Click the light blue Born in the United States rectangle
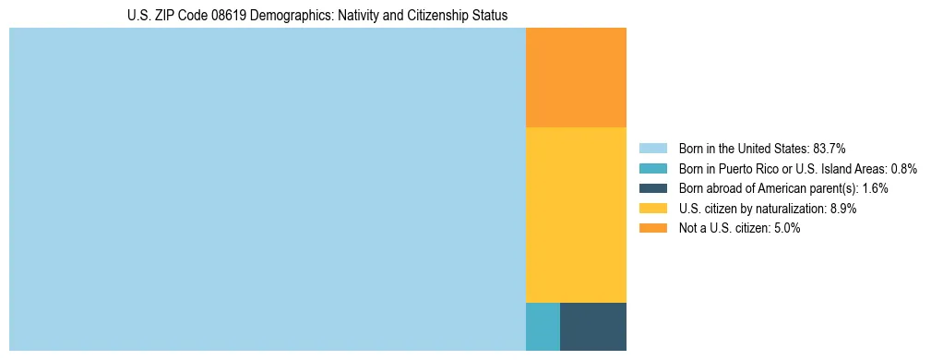[x=267, y=189]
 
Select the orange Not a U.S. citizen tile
[x=576, y=78]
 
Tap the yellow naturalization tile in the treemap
[x=576, y=214]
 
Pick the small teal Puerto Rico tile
[x=543, y=326]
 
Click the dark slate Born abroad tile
[x=593, y=326]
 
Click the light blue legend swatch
[x=652, y=148]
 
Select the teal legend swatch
[x=652, y=168]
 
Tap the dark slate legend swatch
[x=652, y=188]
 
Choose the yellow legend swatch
[x=652, y=209]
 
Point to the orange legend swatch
[x=652, y=229]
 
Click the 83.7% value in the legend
[x=830, y=148]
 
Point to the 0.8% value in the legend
[x=904, y=168]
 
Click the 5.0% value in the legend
[x=786, y=229]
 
